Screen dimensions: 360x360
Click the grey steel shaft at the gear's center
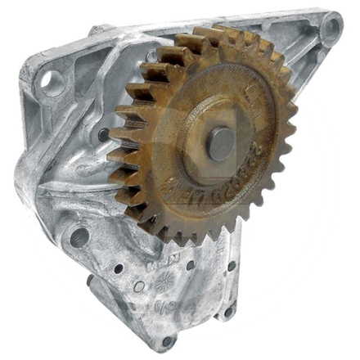click(220, 143)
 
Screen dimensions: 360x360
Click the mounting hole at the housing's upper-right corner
click(331, 30)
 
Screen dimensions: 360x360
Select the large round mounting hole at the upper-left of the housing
click(52, 81)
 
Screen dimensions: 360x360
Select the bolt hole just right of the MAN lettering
click(191, 264)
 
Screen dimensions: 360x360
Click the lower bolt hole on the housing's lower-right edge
click(227, 310)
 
